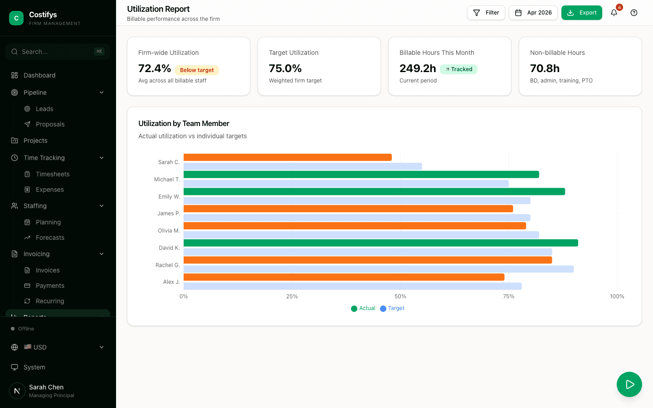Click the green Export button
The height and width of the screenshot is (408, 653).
[x=581, y=13]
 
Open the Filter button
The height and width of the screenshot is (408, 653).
[x=486, y=13]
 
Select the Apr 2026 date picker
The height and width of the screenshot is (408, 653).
[x=533, y=13]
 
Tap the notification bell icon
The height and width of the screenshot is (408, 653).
[x=614, y=13]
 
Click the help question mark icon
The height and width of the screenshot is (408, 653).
[x=634, y=13]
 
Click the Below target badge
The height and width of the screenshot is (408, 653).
[x=197, y=70]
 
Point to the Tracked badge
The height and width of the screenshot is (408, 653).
[x=458, y=69]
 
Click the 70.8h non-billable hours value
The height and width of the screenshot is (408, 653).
[x=545, y=68]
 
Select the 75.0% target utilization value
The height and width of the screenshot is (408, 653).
[x=285, y=68]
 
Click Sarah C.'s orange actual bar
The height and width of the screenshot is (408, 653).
[x=288, y=157]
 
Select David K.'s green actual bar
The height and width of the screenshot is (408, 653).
[x=380, y=243]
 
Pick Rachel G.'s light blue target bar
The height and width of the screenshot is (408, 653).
[x=378, y=269]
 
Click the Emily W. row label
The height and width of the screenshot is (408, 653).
[x=169, y=197]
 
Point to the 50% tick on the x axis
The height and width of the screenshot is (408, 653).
[x=400, y=296]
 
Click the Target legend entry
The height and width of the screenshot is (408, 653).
[x=392, y=308]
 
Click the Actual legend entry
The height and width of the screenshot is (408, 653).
[x=363, y=308]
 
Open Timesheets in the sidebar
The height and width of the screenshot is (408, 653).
[x=53, y=174]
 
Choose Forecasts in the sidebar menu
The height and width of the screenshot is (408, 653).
[x=50, y=238]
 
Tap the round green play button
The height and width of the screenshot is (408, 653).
[x=629, y=384]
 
